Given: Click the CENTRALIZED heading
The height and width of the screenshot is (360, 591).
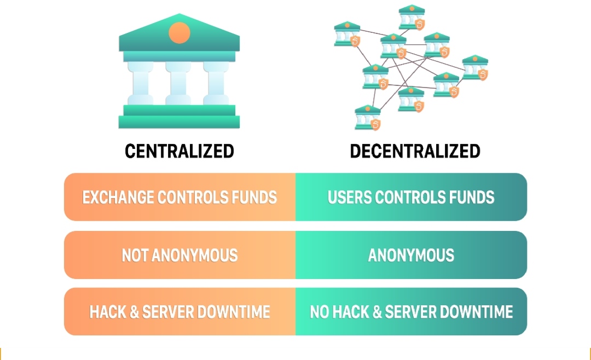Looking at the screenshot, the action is click(x=179, y=151).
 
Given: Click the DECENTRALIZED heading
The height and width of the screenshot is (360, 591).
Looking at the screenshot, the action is click(x=415, y=151).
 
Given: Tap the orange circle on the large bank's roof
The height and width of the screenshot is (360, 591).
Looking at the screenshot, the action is click(x=179, y=32).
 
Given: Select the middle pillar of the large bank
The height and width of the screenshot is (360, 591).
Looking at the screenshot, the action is click(x=178, y=83).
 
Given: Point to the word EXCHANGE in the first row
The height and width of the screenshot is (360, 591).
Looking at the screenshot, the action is click(x=118, y=198).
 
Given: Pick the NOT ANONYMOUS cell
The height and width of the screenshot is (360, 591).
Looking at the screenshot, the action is click(x=180, y=255).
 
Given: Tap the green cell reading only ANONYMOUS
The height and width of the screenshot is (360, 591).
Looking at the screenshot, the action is click(x=411, y=255).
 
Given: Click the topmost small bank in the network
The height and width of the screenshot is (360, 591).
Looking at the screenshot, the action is click(x=412, y=18).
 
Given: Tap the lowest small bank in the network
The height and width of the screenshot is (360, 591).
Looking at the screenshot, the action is click(x=368, y=118).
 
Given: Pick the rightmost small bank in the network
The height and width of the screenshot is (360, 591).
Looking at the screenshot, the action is click(x=476, y=68).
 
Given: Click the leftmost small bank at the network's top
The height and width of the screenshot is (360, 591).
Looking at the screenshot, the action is click(x=347, y=34).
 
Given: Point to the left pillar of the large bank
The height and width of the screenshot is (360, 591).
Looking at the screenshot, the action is click(x=141, y=83).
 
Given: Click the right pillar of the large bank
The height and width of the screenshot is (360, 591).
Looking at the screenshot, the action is click(x=216, y=83).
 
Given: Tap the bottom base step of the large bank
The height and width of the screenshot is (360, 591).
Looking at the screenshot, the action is click(x=179, y=122).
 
